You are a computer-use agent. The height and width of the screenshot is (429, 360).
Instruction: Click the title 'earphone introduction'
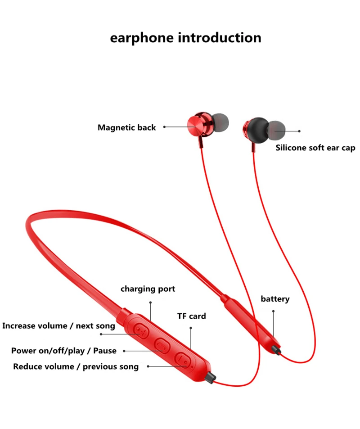click(185, 38)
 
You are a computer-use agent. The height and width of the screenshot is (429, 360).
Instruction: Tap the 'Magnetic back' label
click(126, 127)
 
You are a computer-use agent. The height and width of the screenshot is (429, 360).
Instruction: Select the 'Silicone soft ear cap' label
click(315, 148)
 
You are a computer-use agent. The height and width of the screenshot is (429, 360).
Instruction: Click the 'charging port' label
click(148, 289)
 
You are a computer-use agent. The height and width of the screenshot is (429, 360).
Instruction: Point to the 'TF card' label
click(192, 316)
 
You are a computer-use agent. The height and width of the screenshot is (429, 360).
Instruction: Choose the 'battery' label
click(275, 299)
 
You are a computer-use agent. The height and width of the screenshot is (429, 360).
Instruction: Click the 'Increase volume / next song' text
click(58, 326)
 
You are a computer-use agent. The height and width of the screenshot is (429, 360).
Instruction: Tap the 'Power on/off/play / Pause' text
click(64, 351)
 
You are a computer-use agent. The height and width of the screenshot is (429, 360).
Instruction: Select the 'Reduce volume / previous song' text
click(76, 366)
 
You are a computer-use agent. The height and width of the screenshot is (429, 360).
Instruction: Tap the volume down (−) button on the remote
click(183, 360)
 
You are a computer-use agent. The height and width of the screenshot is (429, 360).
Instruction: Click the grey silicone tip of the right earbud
click(276, 130)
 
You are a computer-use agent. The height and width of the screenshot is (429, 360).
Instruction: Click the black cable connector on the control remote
click(211, 377)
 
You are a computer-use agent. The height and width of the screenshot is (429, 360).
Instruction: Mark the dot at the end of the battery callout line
click(273, 311)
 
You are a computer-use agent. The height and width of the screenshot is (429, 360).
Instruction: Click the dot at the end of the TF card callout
click(191, 328)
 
